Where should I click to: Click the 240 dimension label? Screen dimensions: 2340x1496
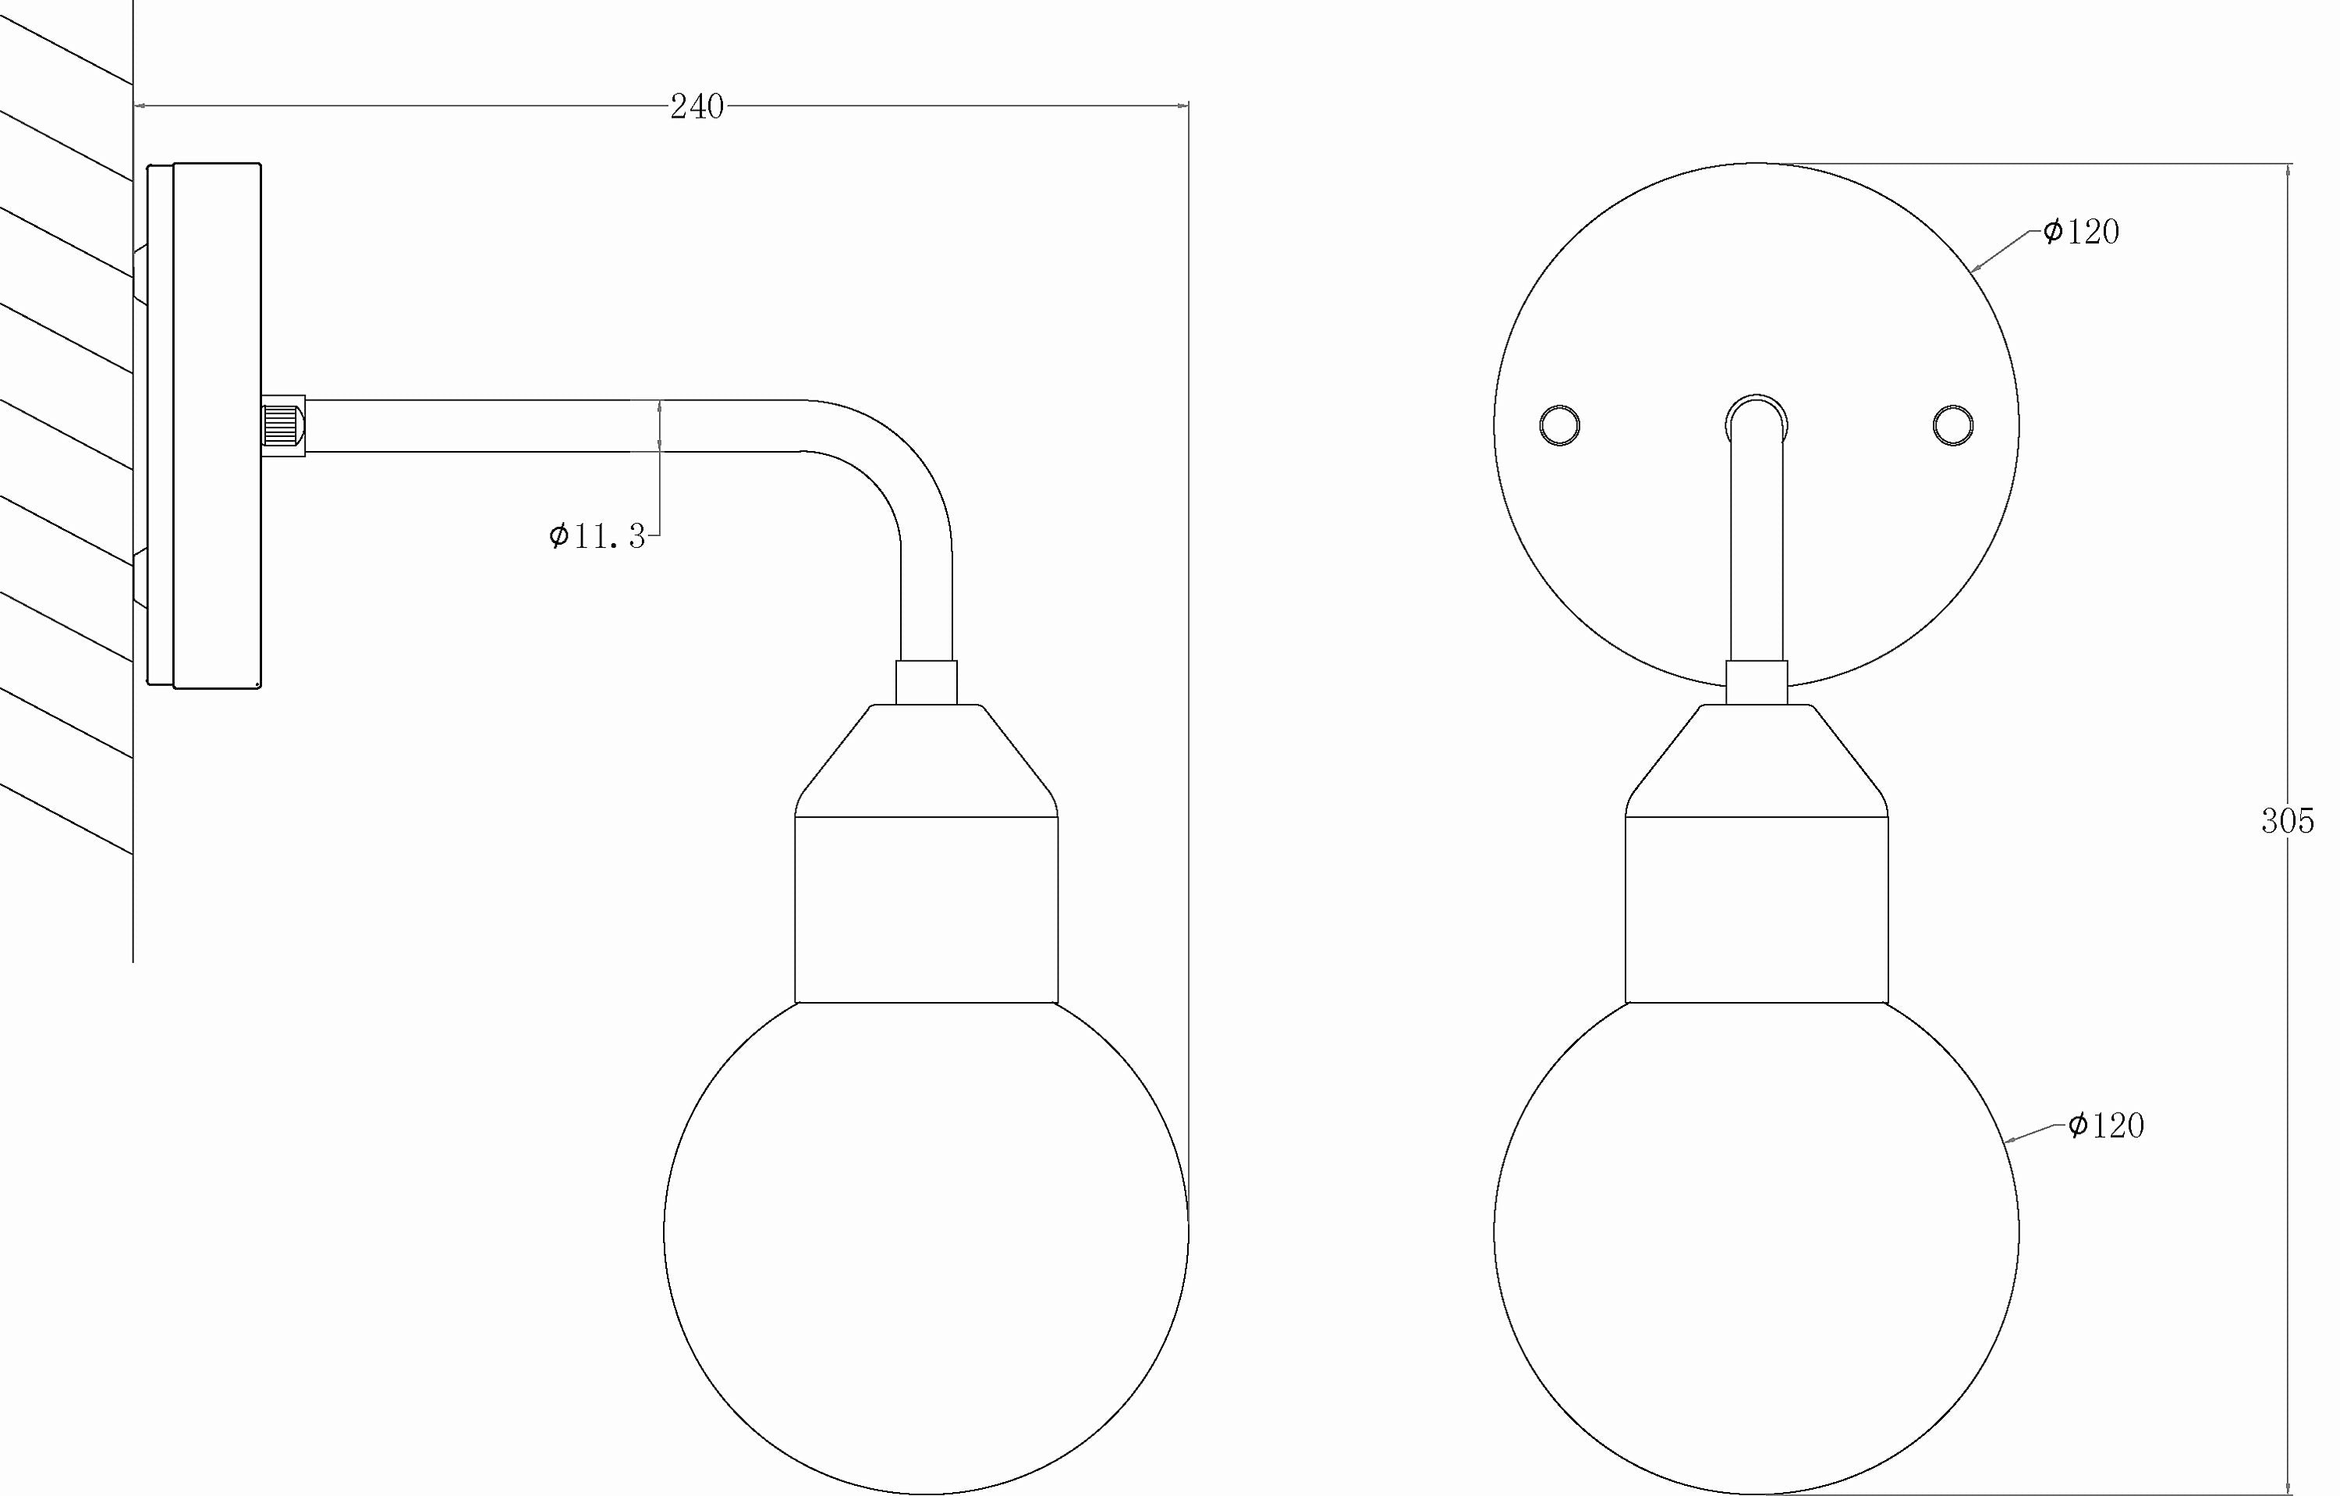coord(697,107)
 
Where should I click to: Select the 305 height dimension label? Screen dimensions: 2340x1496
coord(2288,823)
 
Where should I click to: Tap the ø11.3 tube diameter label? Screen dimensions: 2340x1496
coord(597,535)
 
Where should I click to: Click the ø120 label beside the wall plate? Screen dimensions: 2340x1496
coord(2080,231)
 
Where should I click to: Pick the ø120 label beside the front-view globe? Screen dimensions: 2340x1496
coord(2105,1125)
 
